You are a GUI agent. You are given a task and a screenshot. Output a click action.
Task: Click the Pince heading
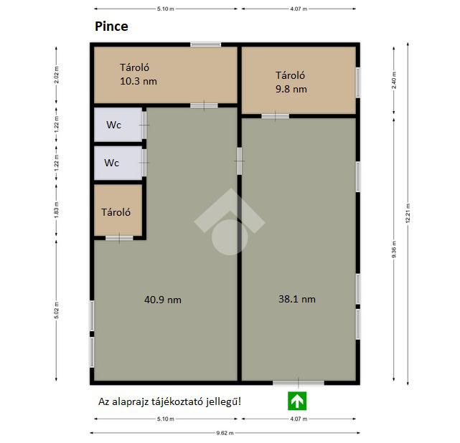tap(111, 27)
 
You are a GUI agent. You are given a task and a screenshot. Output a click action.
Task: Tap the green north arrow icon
tap(297, 401)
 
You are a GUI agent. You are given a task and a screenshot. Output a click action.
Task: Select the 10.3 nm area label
tap(139, 81)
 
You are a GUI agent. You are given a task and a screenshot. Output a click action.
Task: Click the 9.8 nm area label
tap(291, 89)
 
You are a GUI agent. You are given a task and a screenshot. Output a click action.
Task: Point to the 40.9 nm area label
tap(163, 300)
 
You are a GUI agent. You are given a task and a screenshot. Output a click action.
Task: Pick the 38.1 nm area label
tap(297, 299)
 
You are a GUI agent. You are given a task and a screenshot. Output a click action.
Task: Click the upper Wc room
tap(118, 125)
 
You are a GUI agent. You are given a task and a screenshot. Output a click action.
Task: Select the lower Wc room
tap(118, 163)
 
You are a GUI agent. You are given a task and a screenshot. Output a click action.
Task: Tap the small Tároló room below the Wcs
tap(118, 210)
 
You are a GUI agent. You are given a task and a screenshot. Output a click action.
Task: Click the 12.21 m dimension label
tap(408, 214)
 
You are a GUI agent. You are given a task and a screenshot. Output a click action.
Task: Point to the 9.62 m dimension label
tap(225, 433)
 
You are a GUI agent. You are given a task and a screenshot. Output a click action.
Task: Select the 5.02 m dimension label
tap(57, 310)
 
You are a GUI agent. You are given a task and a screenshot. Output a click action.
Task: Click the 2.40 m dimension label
tap(394, 80)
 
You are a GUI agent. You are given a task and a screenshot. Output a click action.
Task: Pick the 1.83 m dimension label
tap(57, 210)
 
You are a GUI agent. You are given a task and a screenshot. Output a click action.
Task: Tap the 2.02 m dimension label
tap(57, 75)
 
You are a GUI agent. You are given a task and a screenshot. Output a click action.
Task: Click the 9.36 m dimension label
tap(394, 249)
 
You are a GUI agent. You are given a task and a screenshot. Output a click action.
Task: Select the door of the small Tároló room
tap(119, 238)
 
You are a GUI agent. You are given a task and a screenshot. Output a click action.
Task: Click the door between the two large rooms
tap(240, 161)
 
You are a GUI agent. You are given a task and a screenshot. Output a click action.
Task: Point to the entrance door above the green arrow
tap(299, 382)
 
